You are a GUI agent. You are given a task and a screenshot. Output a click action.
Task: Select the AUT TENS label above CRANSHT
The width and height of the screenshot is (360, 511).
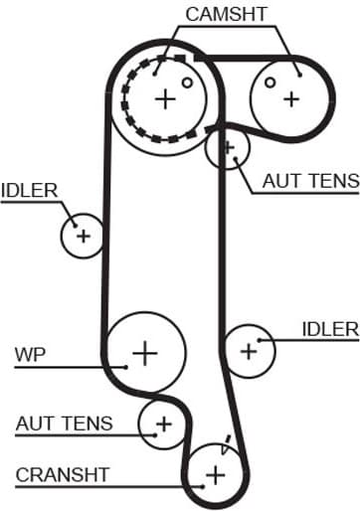pos(64,423)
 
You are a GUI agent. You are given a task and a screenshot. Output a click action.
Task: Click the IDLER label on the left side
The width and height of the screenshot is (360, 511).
pos(30,189)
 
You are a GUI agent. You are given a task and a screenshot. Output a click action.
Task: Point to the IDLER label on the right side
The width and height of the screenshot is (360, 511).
pos(329,328)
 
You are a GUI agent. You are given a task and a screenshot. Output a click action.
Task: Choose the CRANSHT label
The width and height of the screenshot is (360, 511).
pos(62,474)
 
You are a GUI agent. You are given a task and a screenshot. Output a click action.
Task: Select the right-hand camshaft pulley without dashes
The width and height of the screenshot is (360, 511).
pos(290,98)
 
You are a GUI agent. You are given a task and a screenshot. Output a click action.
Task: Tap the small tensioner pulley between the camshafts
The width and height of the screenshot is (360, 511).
pos(228,150)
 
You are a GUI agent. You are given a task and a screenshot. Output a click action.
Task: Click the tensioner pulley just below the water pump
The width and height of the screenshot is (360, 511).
pos(162,425)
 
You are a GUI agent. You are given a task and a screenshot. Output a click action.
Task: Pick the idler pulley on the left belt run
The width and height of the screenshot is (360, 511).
pos(83,236)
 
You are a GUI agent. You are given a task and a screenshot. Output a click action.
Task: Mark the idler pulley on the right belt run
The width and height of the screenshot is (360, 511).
pos(249,349)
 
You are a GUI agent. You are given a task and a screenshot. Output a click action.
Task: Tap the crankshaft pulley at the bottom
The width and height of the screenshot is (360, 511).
pos(217,474)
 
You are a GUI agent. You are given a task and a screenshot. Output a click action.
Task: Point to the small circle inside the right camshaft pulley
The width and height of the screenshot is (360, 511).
pos(270,84)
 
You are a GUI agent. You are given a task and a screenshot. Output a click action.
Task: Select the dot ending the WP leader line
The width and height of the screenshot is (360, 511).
pos(127,365)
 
